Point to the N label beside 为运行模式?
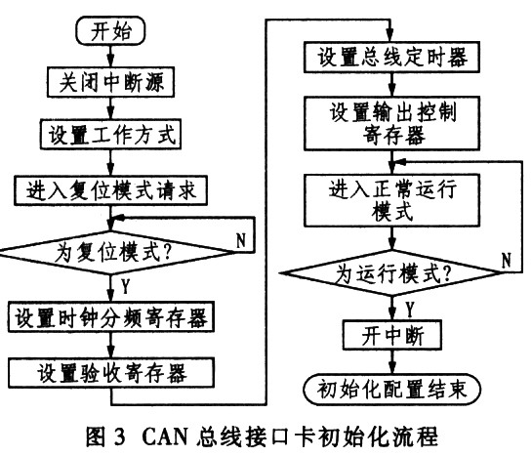pyautogui.click(x=506, y=259)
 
